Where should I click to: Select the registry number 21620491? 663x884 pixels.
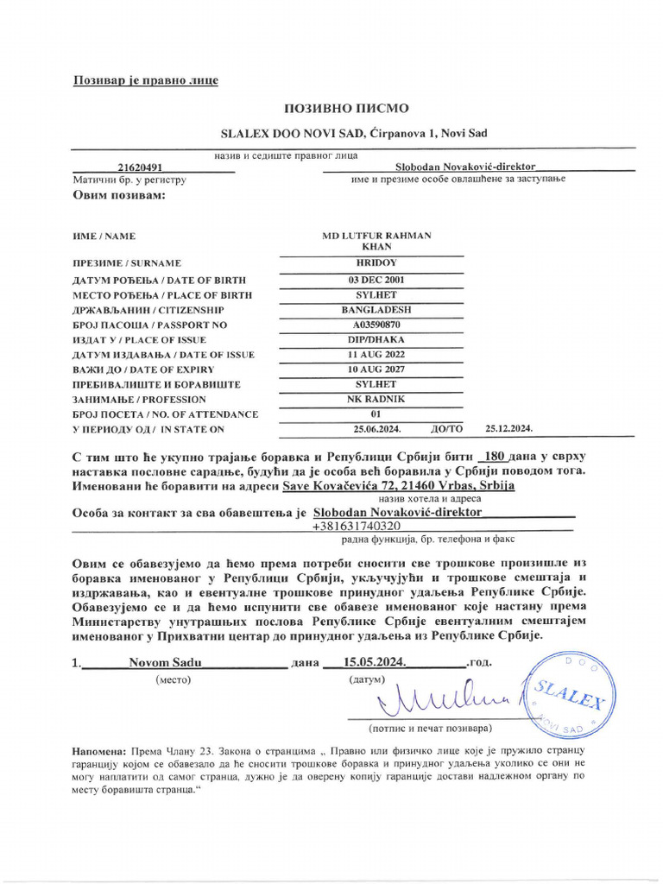142,167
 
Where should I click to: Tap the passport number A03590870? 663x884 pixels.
376,325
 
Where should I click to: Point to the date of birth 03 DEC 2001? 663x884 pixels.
376,280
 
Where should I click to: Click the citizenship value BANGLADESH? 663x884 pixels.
376,310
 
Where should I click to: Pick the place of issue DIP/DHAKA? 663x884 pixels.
376,339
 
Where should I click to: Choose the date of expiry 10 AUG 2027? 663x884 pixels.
376,369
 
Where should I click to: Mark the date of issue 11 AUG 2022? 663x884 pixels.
376,355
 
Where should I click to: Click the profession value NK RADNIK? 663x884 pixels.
376,400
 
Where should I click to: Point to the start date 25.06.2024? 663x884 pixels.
377,429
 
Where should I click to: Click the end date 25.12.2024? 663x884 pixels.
509,429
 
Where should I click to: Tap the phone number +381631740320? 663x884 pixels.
357,526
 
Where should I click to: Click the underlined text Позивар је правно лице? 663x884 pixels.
145,80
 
